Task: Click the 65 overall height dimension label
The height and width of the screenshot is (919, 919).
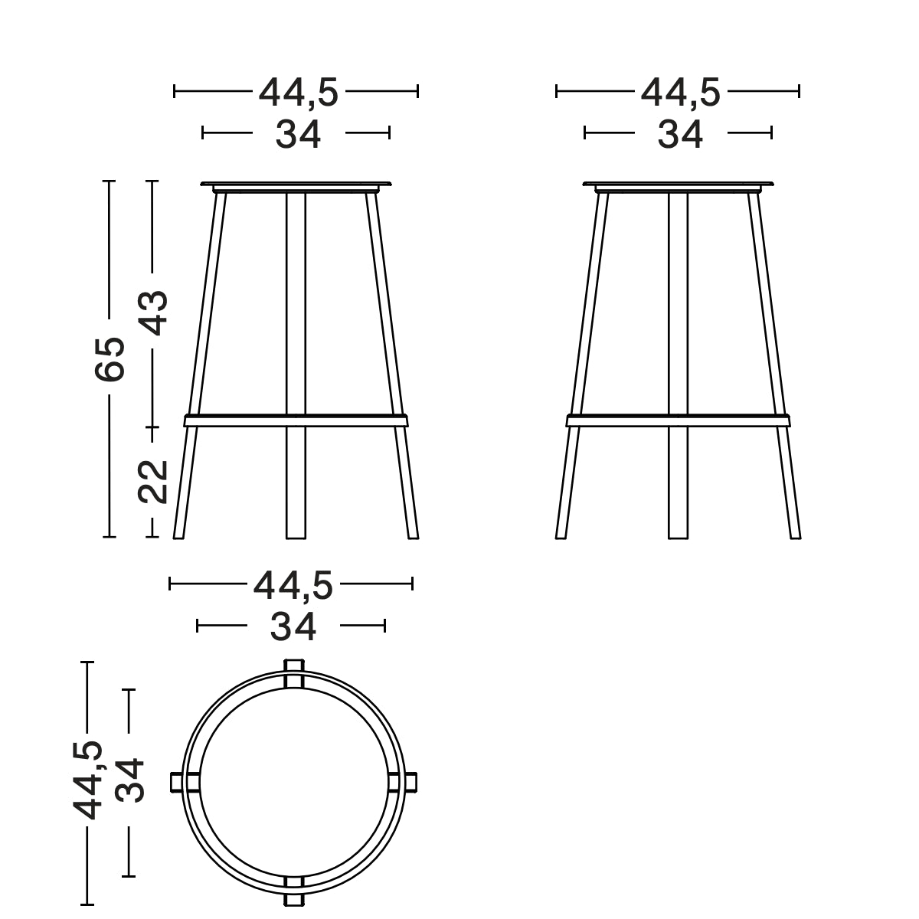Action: pos(110,358)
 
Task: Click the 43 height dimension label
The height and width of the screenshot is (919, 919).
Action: pos(155,312)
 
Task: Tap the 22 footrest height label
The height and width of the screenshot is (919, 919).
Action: pos(153,480)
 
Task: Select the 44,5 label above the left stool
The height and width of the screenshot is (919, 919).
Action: pos(298,93)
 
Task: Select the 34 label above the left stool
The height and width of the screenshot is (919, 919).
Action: pos(298,135)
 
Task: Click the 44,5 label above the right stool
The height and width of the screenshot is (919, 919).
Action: pos(680,93)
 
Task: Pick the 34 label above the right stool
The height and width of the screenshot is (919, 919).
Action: pos(680,135)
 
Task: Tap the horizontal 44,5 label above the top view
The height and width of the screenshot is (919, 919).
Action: pos(293,586)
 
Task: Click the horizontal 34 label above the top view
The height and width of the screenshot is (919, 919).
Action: pos(293,627)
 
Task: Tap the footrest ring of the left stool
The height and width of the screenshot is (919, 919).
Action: pos(296,420)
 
